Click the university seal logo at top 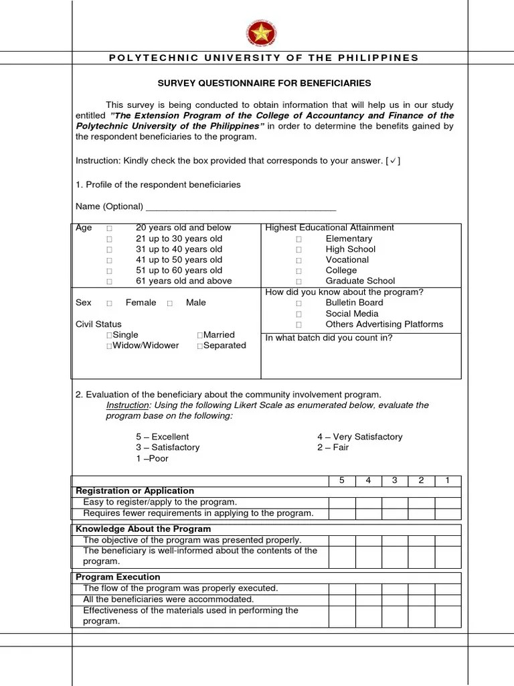(x=262, y=33)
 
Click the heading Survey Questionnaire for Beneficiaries (x=264, y=83)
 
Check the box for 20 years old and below (x=109, y=228)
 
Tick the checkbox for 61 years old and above (x=109, y=282)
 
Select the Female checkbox (x=109, y=303)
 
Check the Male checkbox (x=170, y=303)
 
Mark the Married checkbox (x=200, y=335)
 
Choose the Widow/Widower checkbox (x=109, y=346)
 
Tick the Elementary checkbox (x=299, y=239)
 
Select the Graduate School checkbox (x=299, y=282)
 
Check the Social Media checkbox (x=299, y=314)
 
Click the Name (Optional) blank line (x=240, y=207)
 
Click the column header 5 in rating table (x=341, y=480)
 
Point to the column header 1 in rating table (x=448, y=480)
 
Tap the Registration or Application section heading (x=135, y=491)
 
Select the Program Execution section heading (x=118, y=577)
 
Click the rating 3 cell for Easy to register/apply (x=394, y=502)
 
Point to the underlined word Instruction (x=126, y=405)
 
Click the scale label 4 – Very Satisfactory (x=359, y=437)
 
